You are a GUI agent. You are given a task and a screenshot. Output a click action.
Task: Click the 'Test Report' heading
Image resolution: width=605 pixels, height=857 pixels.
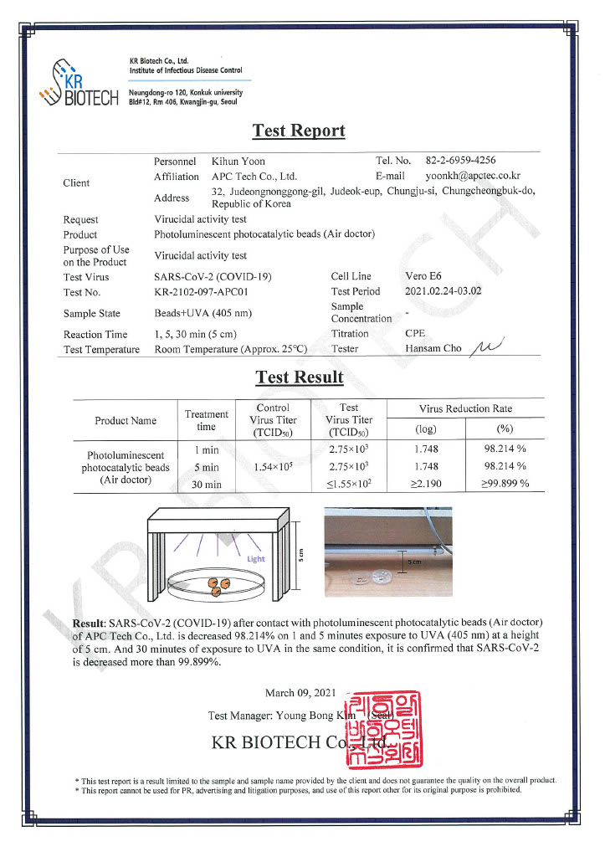pos(299,131)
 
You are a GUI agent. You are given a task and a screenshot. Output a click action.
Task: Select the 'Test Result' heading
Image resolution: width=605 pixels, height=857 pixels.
pos(299,377)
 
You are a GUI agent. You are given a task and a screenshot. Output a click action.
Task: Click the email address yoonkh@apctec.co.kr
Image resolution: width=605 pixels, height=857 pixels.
pos(473,177)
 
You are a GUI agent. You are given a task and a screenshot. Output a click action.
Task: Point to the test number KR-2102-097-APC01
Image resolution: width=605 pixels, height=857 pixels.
pos(201,292)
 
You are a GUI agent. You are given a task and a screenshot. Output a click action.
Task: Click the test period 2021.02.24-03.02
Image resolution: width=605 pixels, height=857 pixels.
pos(443,292)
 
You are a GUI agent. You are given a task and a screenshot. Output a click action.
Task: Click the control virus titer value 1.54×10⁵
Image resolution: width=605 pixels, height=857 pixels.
pos(273,467)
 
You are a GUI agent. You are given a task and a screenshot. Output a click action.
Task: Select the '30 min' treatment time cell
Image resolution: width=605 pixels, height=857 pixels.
pos(205,485)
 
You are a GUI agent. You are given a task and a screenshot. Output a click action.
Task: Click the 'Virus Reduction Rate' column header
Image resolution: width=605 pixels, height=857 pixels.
pos(466,408)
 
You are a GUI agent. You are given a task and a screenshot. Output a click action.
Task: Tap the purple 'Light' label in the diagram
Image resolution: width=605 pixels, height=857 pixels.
pos(255,558)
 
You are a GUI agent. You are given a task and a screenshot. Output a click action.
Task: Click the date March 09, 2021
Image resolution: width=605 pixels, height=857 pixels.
pos(299,693)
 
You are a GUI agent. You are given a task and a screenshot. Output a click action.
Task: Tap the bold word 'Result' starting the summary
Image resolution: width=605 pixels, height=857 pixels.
pos(88,623)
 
